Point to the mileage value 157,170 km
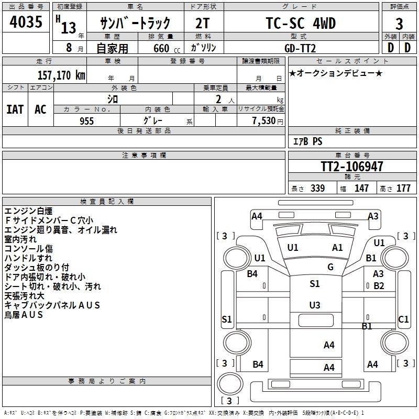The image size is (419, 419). (61, 75)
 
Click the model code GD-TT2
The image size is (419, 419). (301, 48)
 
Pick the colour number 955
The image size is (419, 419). (86, 121)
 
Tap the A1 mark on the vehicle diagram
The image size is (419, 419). (337, 248)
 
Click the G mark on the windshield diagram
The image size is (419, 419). (330, 267)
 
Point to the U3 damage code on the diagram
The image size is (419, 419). (314, 305)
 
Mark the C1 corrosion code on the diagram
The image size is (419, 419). (403, 319)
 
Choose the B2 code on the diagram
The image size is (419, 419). (379, 286)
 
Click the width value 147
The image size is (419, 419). (361, 189)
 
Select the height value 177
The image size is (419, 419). (403, 189)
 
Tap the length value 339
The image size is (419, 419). (317, 189)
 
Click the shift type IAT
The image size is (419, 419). (15, 109)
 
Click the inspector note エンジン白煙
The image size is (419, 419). (28, 211)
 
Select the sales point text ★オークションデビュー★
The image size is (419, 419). (335, 73)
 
